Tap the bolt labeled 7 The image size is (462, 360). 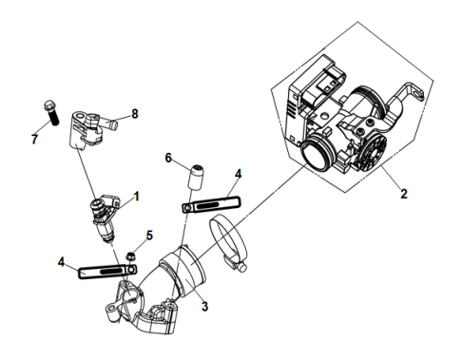pyautogui.click(x=51, y=112)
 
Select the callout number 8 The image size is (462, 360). pyautogui.click(x=134, y=114)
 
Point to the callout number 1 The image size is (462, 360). pyautogui.click(x=137, y=197)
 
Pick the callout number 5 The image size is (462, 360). pyautogui.click(x=147, y=235)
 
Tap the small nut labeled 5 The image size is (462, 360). pyautogui.click(x=128, y=254)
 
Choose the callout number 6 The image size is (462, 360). pyautogui.click(x=168, y=160)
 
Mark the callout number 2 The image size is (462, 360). pyautogui.click(x=403, y=195)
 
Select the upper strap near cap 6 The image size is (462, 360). pyautogui.click(x=211, y=204)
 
